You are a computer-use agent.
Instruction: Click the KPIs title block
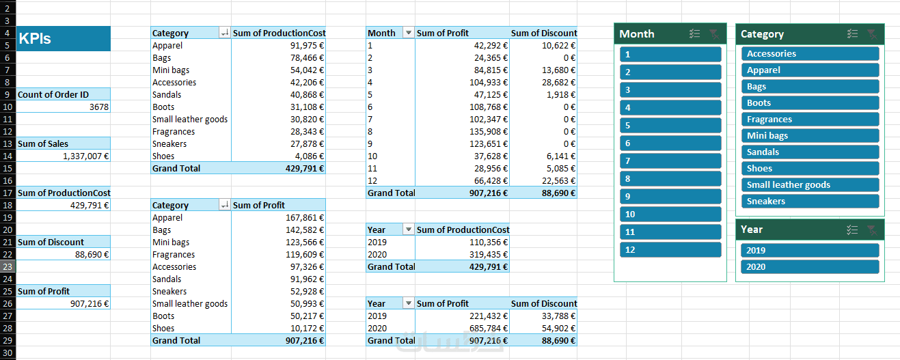pos(63,38)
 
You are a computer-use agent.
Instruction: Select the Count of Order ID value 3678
pos(99,107)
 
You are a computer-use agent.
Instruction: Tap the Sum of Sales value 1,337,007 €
pos(85,156)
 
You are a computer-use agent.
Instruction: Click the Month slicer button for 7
pos(670,161)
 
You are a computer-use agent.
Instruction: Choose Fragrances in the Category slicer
pos(810,120)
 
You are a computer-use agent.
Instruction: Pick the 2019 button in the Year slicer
pos(810,250)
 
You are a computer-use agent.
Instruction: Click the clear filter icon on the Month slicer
pos(714,34)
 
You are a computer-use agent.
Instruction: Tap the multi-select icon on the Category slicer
pos(852,34)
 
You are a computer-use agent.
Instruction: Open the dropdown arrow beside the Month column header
pos(409,33)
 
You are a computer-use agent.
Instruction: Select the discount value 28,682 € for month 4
pos(558,83)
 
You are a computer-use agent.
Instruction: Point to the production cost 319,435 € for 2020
pos(488,255)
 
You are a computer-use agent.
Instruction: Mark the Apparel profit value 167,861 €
pos(305,218)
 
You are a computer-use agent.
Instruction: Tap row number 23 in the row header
pos(8,267)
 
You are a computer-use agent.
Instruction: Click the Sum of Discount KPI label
pos(51,243)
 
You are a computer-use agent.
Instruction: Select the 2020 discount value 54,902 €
pos(558,329)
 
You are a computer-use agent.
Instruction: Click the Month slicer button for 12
pos(670,250)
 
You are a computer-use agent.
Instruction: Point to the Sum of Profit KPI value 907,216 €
pos(90,304)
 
